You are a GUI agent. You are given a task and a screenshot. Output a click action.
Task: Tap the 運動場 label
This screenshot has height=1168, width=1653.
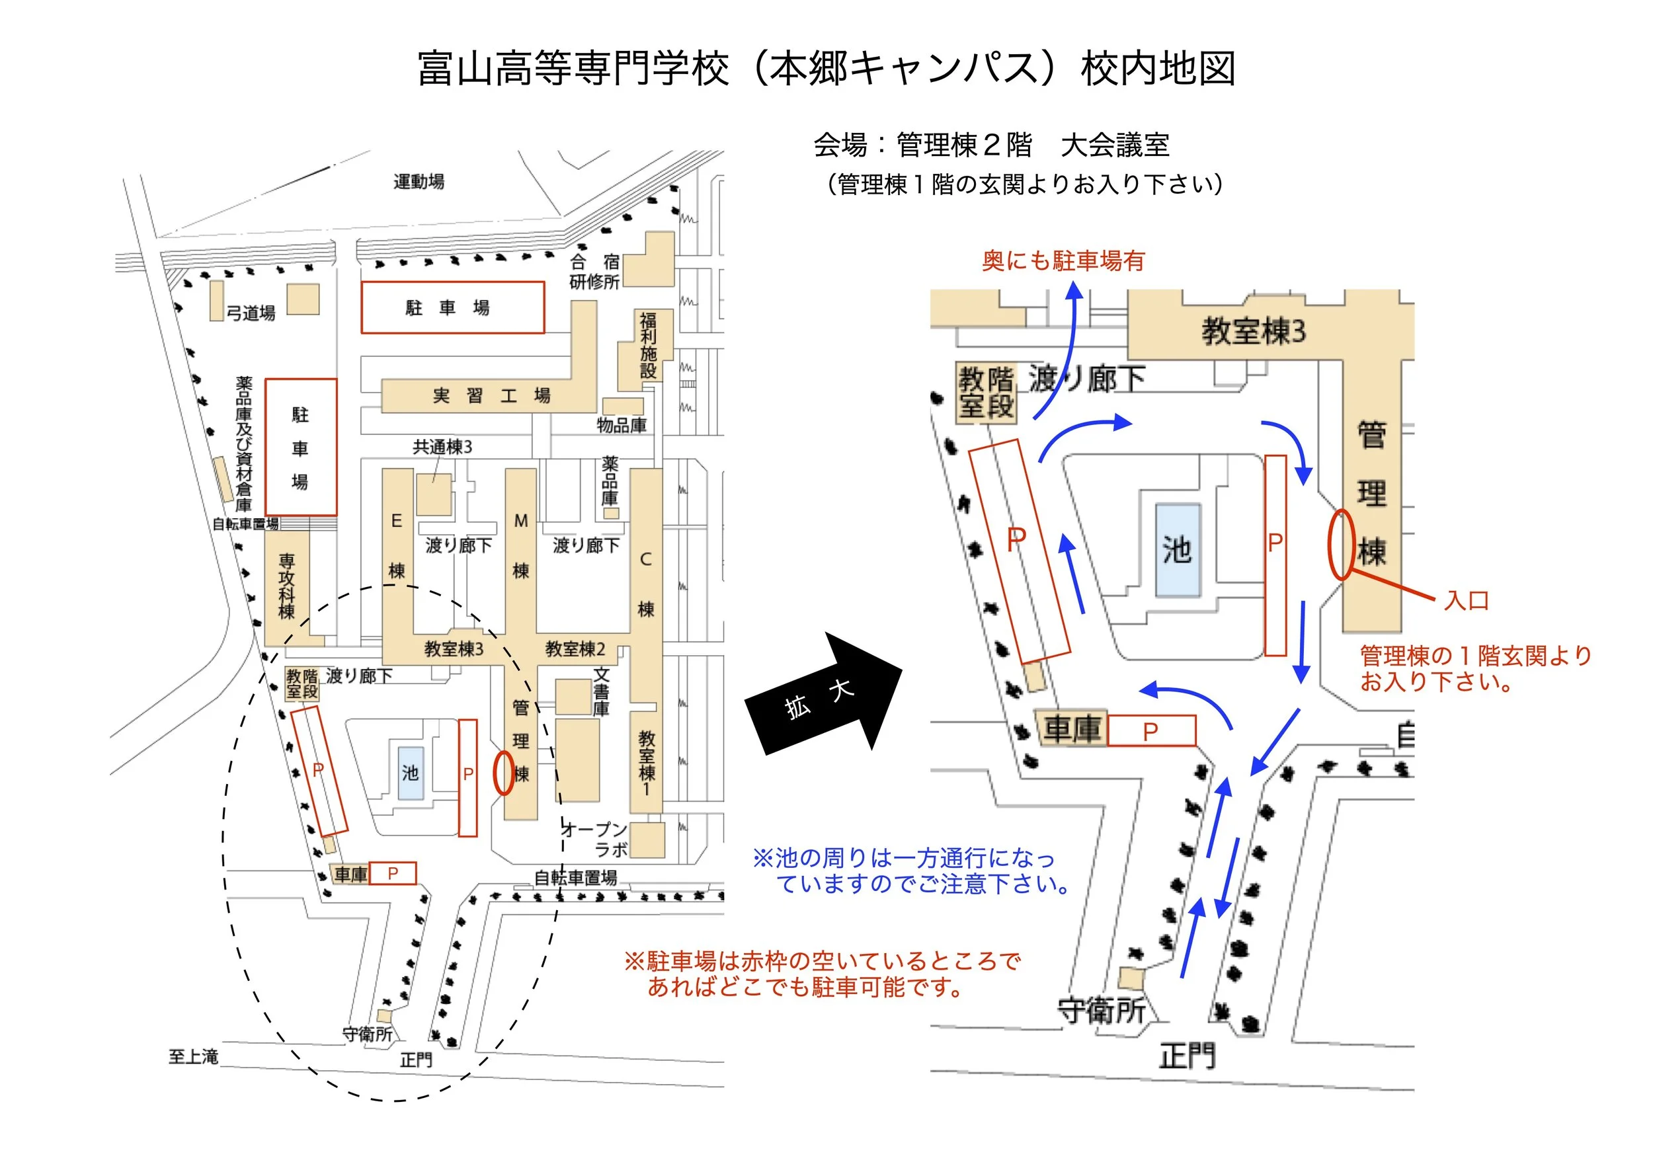(419, 181)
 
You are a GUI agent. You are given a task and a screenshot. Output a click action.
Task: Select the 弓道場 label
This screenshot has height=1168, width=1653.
(251, 313)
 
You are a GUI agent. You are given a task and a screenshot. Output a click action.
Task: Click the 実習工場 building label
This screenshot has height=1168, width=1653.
(491, 396)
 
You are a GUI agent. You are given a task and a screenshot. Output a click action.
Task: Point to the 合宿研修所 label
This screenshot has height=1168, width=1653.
(594, 272)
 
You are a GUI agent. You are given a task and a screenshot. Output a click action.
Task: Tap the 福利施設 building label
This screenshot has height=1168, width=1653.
(648, 346)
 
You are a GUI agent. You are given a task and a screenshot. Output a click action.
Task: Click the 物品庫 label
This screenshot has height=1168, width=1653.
(622, 425)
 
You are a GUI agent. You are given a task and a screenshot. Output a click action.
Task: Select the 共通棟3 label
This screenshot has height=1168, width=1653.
(442, 447)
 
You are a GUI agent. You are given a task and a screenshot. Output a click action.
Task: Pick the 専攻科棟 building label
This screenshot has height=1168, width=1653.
(286, 586)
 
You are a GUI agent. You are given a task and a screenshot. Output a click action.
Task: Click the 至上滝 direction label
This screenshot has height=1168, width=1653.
(193, 1056)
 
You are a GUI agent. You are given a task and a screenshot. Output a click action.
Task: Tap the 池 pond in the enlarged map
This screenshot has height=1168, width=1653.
(1177, 550)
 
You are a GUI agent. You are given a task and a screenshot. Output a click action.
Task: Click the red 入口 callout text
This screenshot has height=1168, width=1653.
(1466, 600)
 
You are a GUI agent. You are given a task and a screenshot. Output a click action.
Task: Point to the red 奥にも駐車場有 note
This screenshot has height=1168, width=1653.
(1063, 260)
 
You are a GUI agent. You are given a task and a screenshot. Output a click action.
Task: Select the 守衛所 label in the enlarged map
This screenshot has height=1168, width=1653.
(1101, 1011)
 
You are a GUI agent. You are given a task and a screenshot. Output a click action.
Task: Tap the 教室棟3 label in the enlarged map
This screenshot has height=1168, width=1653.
(1253, 332)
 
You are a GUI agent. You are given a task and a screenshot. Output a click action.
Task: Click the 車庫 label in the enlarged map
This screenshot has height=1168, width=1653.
(1072, 730)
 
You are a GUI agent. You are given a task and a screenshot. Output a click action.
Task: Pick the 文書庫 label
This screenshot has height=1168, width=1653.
(601, 691)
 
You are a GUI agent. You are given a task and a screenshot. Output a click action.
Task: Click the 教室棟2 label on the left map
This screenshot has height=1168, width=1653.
(575, 649)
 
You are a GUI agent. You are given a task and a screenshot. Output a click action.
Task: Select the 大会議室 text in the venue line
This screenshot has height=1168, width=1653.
(1115, 145)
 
